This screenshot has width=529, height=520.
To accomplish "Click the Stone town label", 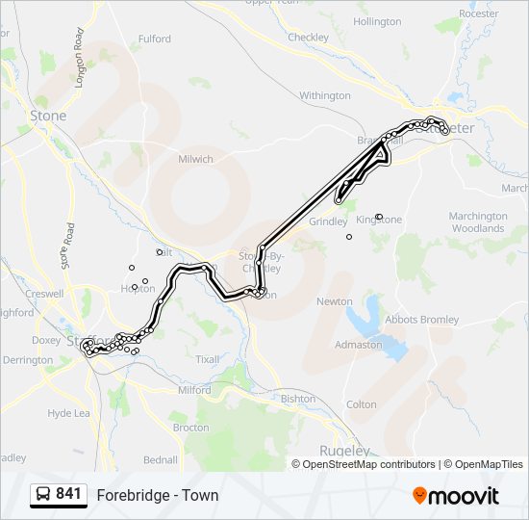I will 48,116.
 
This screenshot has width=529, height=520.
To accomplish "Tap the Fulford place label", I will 154,39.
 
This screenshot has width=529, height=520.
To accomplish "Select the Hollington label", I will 377,21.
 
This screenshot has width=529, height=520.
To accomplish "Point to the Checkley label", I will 308,38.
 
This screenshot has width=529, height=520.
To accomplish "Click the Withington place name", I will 325,96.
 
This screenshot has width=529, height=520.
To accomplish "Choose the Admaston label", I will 358,345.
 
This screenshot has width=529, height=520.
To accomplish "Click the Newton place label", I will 335,301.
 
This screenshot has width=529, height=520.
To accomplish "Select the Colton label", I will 361,404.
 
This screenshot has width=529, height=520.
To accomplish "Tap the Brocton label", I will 190,427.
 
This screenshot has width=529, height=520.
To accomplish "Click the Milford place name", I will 194,391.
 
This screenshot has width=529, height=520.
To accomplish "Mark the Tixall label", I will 208,359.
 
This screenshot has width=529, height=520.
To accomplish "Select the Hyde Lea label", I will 68,413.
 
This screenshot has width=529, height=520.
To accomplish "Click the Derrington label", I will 28,360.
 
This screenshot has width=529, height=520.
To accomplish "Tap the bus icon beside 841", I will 43,495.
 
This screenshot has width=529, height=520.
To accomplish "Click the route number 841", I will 68,494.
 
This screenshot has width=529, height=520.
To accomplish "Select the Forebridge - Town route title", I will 157,496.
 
